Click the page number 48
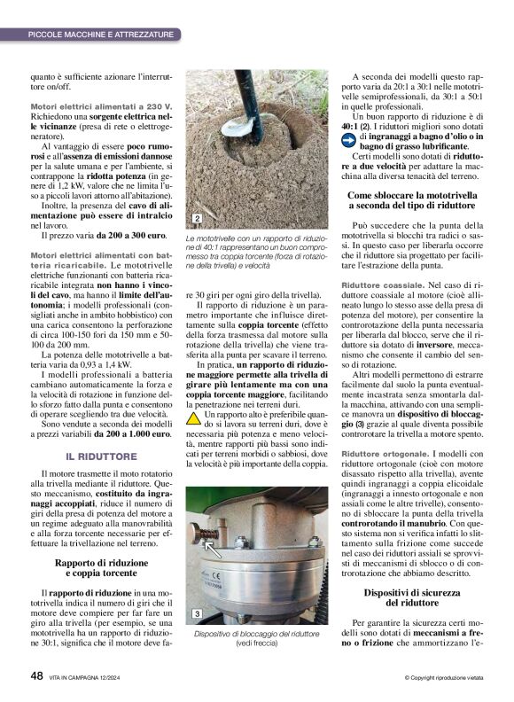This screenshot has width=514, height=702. point(36,675)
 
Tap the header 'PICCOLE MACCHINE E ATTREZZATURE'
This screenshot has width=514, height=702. point(100,34)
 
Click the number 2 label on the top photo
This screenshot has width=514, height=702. point(196,218)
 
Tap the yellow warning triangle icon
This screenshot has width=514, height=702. point(193,416)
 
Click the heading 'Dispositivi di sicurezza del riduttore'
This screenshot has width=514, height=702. point(411,597)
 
